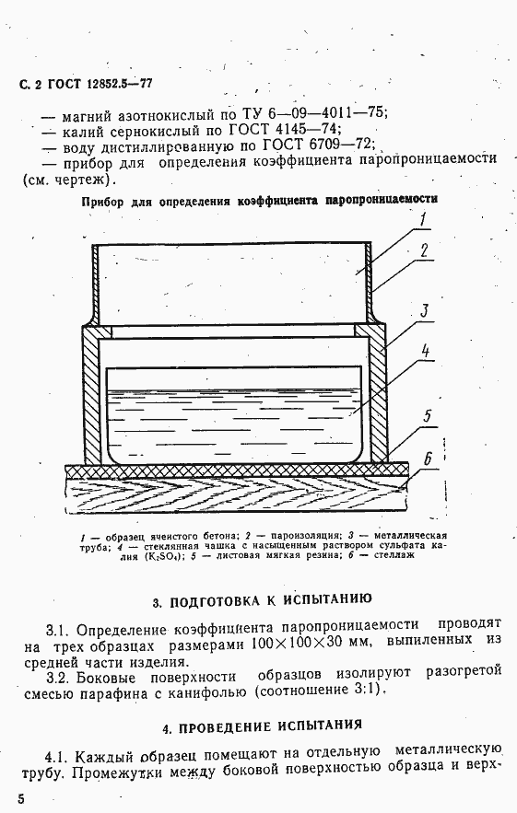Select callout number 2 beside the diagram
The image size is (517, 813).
(x=423, y=250)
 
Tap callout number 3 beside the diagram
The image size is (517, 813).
(x=425, y=310)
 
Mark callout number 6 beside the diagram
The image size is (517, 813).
(x=428, y=458)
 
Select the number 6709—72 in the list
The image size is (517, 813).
(x=336, y=145)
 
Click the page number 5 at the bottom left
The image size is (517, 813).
(x=20, y=796)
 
